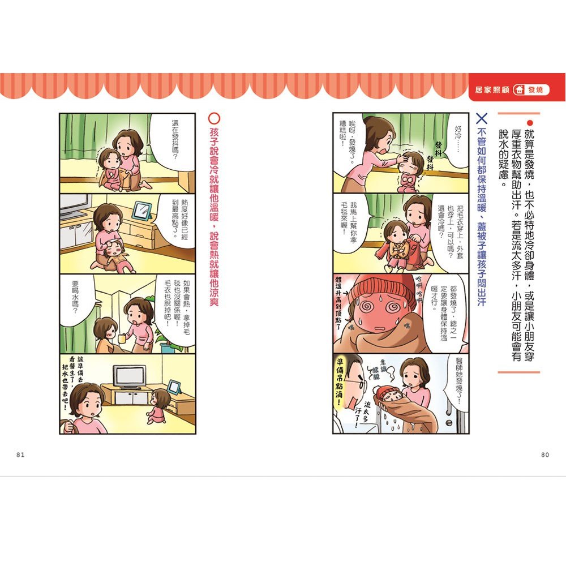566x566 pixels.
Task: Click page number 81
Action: click(x=20, y=454)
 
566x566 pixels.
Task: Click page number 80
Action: click(x=545, y=454)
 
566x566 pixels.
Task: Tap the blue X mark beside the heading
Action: click(x=482, y=119)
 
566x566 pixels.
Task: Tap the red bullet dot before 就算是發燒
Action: click(x=530, y=123)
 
